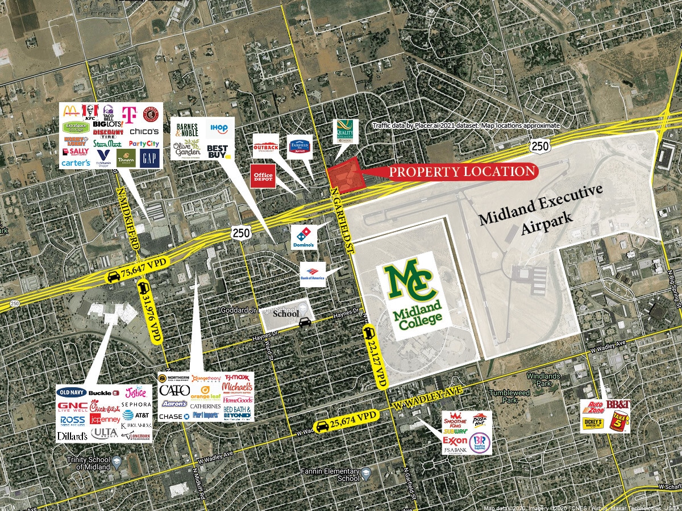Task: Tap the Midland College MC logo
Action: (410, 283)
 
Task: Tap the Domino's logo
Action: (302, 237)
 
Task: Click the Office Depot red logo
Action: (263, 176)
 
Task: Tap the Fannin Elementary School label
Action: (339, 475)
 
